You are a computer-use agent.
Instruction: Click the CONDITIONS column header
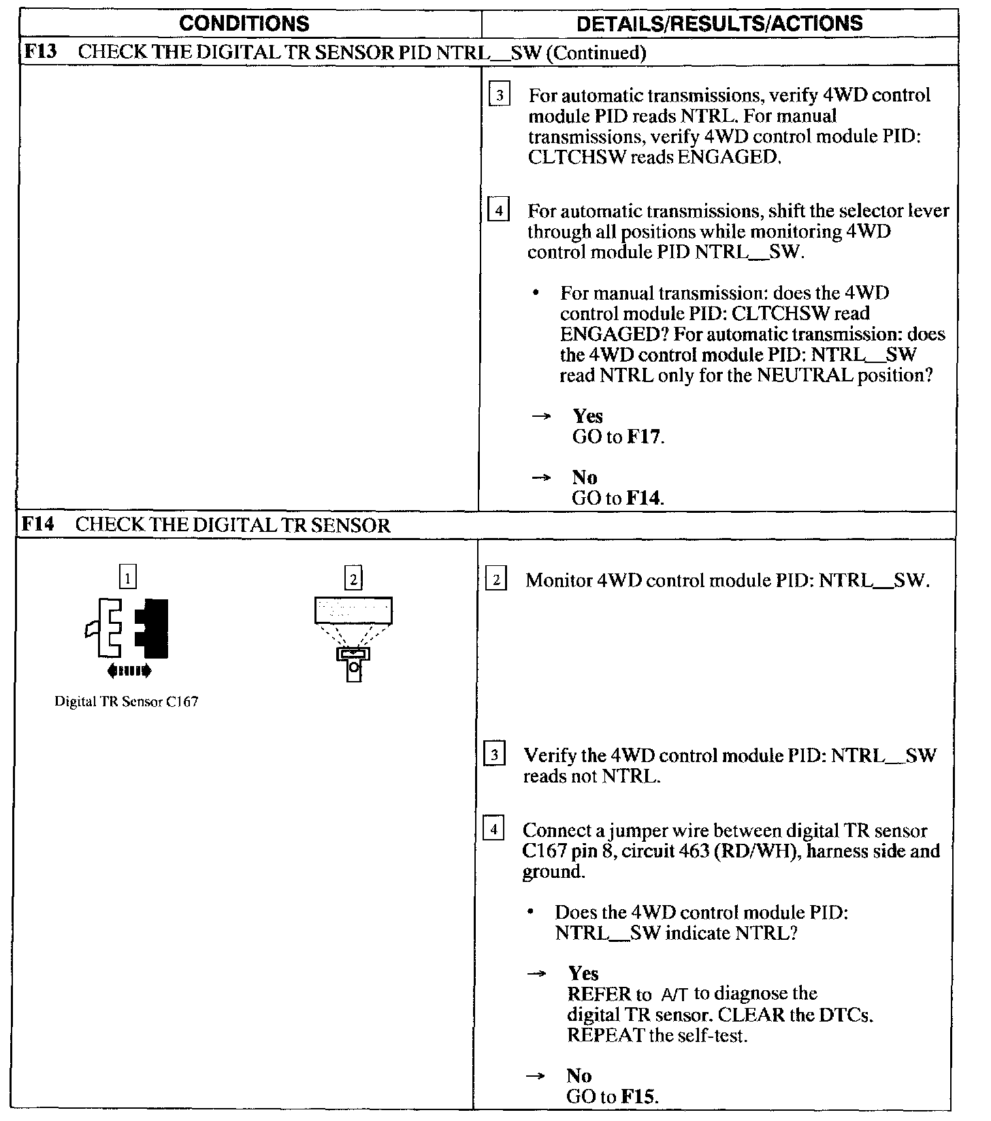[244, 24]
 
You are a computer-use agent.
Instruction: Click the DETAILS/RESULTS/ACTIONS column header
[719, 24]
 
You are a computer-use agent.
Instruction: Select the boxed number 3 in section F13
[498, 96]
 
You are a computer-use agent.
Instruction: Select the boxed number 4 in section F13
[498, 212]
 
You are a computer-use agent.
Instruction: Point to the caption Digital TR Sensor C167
[126, 702]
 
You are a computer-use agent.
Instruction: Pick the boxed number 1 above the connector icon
[127, 579]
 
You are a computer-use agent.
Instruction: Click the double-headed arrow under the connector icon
[129, 672]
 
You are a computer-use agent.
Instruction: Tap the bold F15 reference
[639, 1097]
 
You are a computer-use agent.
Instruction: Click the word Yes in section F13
[587, 416]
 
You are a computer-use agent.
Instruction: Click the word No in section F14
[579, 1076]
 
